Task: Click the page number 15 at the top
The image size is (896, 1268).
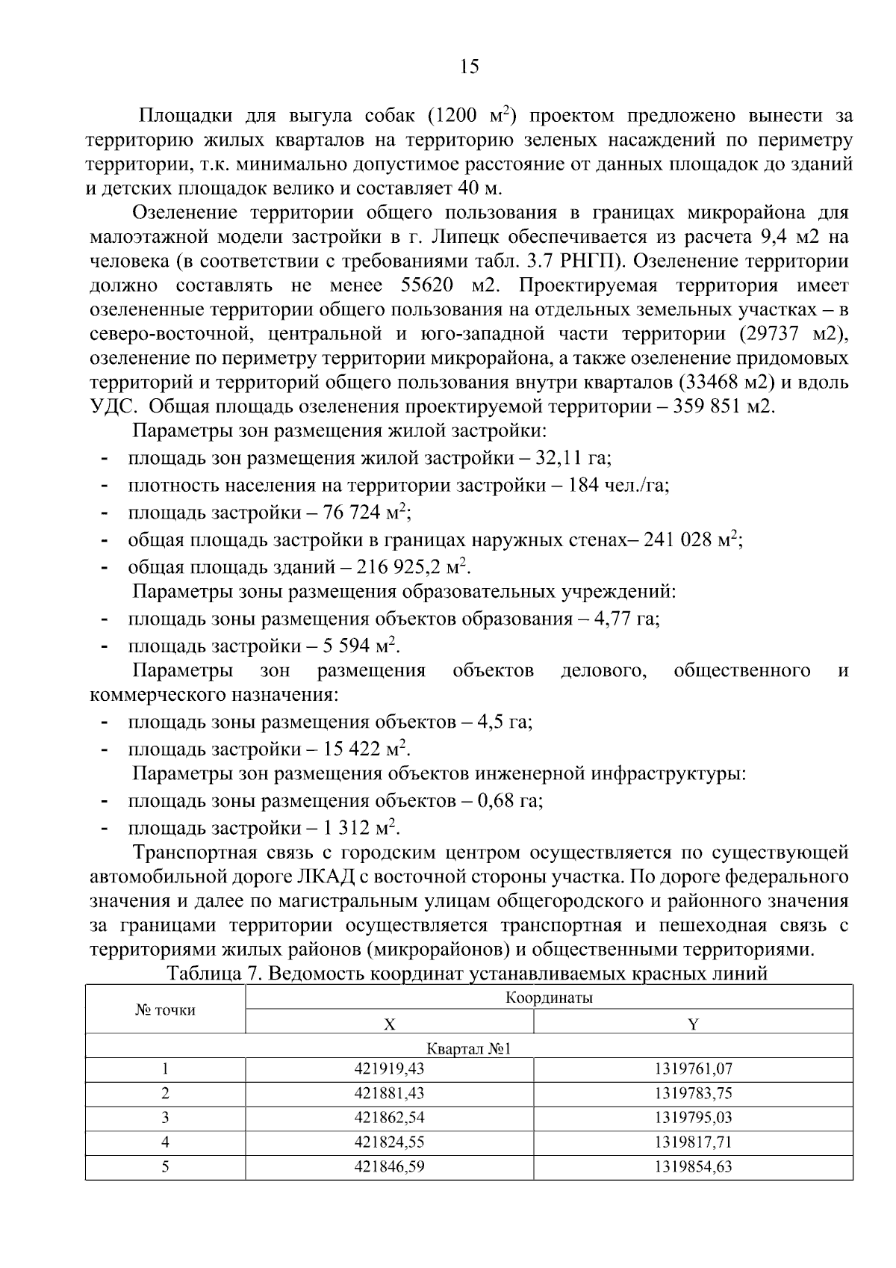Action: (x=469, y=67)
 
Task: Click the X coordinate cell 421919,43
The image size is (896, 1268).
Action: (x=389, y=1069)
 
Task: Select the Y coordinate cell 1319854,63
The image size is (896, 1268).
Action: (x=693, y=1166)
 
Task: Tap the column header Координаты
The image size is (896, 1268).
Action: (x=549, y=998)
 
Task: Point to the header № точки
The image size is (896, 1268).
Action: (x=165, y=1010)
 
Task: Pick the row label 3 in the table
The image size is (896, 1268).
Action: (x=165, y=1118)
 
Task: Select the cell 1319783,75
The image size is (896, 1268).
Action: (x=693, y=1094)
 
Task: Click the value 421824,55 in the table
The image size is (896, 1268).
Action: (x=389, y=1142)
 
